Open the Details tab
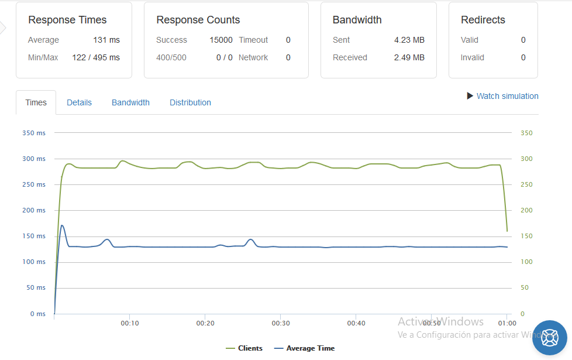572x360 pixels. pyautogui.click(x=79, y=102)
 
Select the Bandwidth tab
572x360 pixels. pyautogui.click(x=130, y=102)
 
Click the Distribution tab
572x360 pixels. pyautogui.click(x=190, y=102)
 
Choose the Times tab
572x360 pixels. pyautogui.click(x=36, y=102)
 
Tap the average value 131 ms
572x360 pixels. pyautogui.click(x=106, y=40)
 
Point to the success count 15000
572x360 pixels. pyautogui.click(x=221, y=40)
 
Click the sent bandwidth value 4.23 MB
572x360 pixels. pyautogui.click(x=409, y=40)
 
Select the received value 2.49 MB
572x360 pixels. pyautogui.click(x=409, y=57)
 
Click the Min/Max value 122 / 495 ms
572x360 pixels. pyautogui.click(x=96, y=57)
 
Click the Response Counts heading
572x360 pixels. pyautogui.click(x=198, y=20)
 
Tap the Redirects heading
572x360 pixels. pyautogui.click(x=483, y=20)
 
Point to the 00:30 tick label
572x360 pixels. pyautogui.click(x=281, y=323)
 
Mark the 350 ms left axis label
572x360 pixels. pyautogui.click(x=34, y=133)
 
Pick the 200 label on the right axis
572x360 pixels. pyautogui.click(x=526, y=210)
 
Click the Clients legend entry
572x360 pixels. pyautogui.click(x=244, y=348)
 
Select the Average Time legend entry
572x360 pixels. pyautogui.click(x=304, y=348)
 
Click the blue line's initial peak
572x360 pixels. pyautogui.click(x=62, y=225)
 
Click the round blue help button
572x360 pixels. pyautogui.click(x=550, y=338)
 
